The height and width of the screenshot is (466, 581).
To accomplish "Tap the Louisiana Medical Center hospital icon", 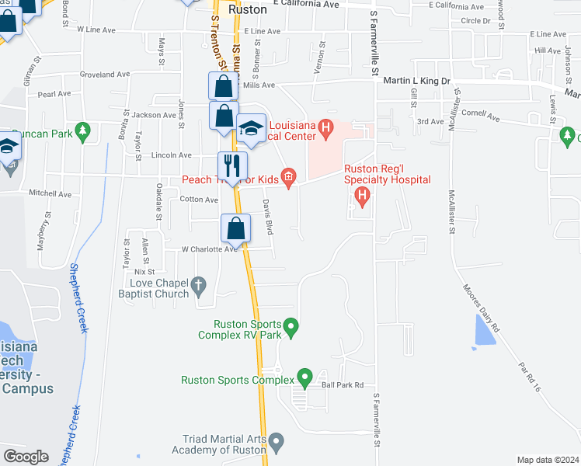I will [x=326, y=127].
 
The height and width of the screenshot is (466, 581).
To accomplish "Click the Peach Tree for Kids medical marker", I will [x=288, y=179].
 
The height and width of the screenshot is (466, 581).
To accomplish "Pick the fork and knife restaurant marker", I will [x=232, y=165].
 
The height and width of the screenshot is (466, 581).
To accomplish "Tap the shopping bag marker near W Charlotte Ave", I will [x=236, y=228].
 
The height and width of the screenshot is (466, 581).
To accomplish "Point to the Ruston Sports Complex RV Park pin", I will [x=291, y=328].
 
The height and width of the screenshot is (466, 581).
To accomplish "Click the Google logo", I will [x=26, y=457].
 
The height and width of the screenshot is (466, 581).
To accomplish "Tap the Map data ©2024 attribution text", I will [x=548, y=460].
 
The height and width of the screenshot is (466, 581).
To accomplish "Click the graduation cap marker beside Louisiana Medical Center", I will [x=251, y=130].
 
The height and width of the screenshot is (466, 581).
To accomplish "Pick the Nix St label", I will [x=144, y=272].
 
